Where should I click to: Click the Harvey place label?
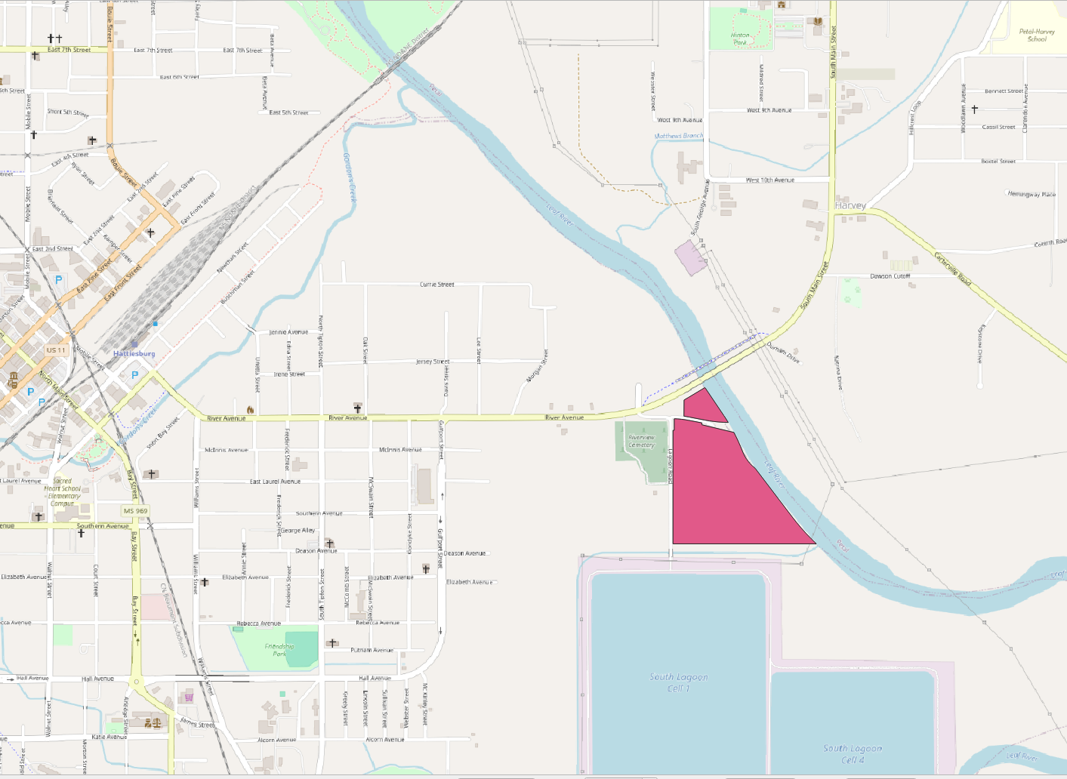pos(850,205)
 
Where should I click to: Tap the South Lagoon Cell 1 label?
pos(679,682)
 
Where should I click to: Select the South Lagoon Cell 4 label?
pos(853,753)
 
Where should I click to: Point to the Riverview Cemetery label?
pos(641,442)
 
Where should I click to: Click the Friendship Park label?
pos(279,650)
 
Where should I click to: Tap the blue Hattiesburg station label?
pos(134,353)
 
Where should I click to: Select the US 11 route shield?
pos(56,350)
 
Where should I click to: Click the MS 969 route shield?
pos(136,511)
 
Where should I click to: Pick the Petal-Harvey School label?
pos(1037,35)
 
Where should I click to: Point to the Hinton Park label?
pos(740,38)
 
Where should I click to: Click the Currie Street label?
pos(437,285)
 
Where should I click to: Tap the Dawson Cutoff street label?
pos(890,276)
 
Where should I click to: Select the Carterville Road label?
pos(953,269)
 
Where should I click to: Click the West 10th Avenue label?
pos(769,180)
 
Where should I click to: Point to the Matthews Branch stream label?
pos(678,136)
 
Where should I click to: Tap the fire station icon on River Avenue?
pos(251,410)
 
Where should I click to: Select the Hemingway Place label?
pos(1032,194)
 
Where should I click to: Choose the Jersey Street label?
pos(432,362)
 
